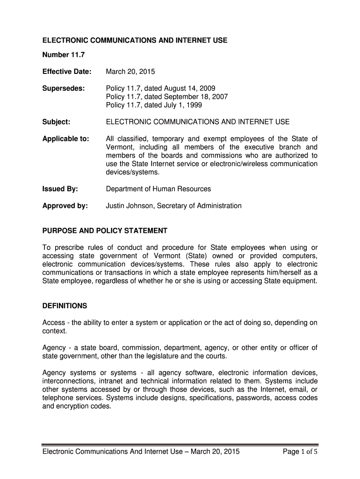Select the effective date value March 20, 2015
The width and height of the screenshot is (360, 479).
click(x=130, y=72)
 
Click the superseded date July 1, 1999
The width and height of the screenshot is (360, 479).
click(x=183, y=105)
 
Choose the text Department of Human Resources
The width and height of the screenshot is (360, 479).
click(x=158, y=189)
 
